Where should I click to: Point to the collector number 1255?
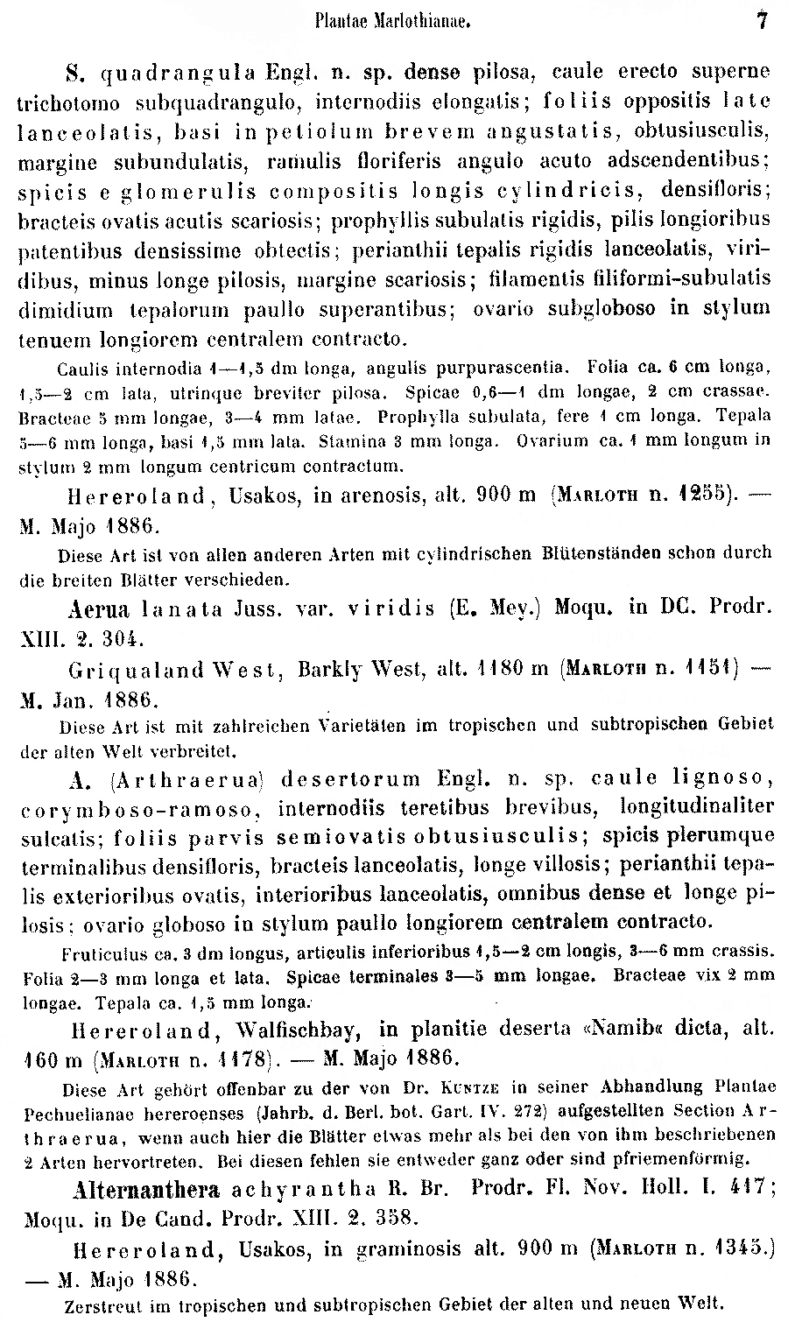[698, 496]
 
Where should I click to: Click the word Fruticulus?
[102, 952]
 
